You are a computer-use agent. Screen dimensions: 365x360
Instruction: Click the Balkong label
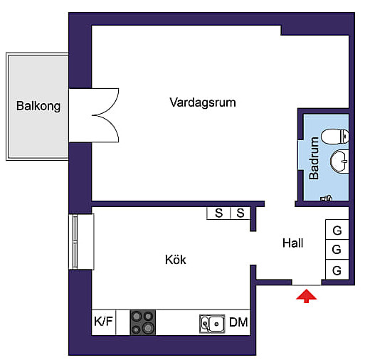pyautogui.click(x=38, y=106)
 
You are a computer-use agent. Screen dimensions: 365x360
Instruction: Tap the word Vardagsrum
pyautogui.click(x=203, y=102)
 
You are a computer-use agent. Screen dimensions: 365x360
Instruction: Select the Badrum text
pyautogui.click(x=314, y=158)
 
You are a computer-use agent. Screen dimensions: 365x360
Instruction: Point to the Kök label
pyautogui.click(x=176, y=260)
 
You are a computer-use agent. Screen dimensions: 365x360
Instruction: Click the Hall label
pyautogui.click(x=293, y=243)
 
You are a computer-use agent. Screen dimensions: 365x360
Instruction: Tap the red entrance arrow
pyautogui.click(x=306, y=296)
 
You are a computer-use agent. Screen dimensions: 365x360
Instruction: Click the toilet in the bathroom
pyautogui.click(x=334, y=137)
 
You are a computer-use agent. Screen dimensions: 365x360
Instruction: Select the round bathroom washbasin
pyautogui.click(x=339, y=161)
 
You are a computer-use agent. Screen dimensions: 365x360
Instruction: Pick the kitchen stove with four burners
pyautogui.click(x=143, y=322)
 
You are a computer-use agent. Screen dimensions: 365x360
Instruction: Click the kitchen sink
pyautogui.click(x=212, y=324)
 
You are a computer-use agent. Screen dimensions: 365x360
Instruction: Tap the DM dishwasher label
pyautogui.click(x=238, y=322)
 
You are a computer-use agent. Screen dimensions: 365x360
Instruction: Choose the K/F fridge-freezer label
pyautogui.click(x=103, y=322)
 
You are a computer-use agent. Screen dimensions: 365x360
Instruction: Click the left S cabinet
pyautogui.click(x=218, y=213)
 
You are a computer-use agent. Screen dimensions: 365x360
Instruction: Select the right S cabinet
pyautogui.click(x=240, y=213)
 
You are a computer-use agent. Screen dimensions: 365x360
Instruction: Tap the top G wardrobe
pyautogui.click(x=337, y=230)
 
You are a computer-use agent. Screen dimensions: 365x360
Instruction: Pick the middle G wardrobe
pyautogui.click(x=337, y=250)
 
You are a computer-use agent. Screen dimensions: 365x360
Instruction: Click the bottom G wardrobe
pyautogui.click(x=337, y=270)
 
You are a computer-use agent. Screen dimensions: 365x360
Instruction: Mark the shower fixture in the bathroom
pyautogui.click(x=326, y=198)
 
